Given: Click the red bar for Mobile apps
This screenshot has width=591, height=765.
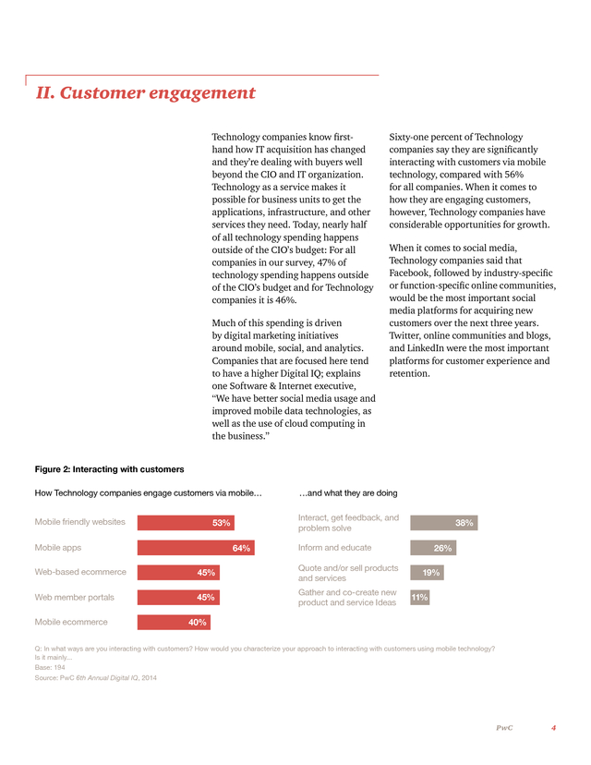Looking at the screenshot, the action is click(x=196, y=547).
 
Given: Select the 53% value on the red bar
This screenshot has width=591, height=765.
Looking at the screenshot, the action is click(x=222, y=523).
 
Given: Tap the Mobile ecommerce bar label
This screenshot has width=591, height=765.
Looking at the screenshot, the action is click(x=71, y=622).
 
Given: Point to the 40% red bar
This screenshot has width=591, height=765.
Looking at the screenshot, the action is click(x=174, y=622).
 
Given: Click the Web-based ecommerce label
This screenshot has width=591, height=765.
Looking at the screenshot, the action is click(x=80, y=572).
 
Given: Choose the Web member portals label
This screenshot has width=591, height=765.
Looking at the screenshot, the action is click(x=74, y=597).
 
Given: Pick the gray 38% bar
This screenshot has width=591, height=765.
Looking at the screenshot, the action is click(x=444, y=523).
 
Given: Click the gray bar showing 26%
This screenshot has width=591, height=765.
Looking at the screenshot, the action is click(x=433, y=547).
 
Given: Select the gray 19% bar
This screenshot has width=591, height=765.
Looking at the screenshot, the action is click(x=428, y=572).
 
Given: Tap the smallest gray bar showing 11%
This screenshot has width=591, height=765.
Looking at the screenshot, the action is click(x=420, y=597).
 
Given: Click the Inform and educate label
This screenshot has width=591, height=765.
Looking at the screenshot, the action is click(x=334, y=547).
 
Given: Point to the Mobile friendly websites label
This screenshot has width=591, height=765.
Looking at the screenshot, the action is click(x=80, y=522).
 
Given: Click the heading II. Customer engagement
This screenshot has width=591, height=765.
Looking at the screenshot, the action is click(x=145, y=92).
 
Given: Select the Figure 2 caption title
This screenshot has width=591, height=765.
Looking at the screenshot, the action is click(x=109, y=469).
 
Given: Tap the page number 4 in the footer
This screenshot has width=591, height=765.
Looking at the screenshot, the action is click(x=553, y=728).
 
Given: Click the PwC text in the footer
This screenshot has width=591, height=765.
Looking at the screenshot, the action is click(x=504, y=728).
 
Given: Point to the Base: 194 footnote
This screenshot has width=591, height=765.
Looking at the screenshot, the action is click(x=50, y=667).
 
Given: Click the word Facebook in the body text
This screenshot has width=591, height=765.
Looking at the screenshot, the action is click(x=409, y=273).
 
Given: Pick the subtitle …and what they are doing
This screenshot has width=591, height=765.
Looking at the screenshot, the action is click(x=348, y=493).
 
